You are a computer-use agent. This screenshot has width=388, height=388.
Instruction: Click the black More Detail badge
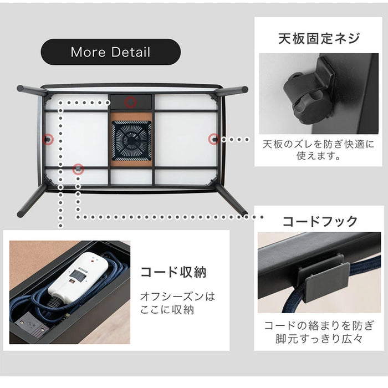click(x=110, y=53)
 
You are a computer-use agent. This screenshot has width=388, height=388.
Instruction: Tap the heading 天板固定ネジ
click(x=319, y=38)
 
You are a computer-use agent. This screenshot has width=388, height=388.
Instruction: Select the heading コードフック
click(x=320, y=222)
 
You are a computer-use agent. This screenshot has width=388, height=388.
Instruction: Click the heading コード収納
click(x=173, y=272)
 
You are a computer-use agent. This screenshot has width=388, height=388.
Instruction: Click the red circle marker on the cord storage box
click(x=130, y=101)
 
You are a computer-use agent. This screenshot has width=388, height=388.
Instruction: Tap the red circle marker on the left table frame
click(x=49, y=139)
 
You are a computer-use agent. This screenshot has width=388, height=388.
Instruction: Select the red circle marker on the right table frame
click(x=213, y=139)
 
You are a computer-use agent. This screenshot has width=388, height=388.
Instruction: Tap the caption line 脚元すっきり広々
click(x=319, y=340)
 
